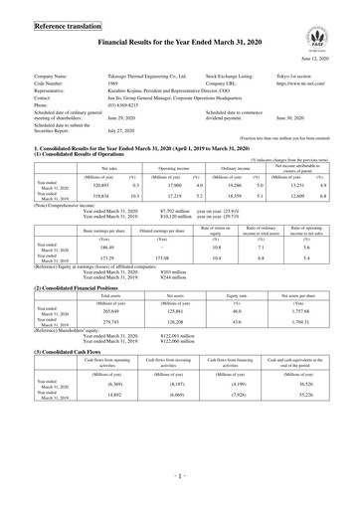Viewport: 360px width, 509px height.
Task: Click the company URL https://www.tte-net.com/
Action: pyautogui.click(x=304, y=83)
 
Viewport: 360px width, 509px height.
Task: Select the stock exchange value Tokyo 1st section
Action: pyautogui.click(x=293, y=75)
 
